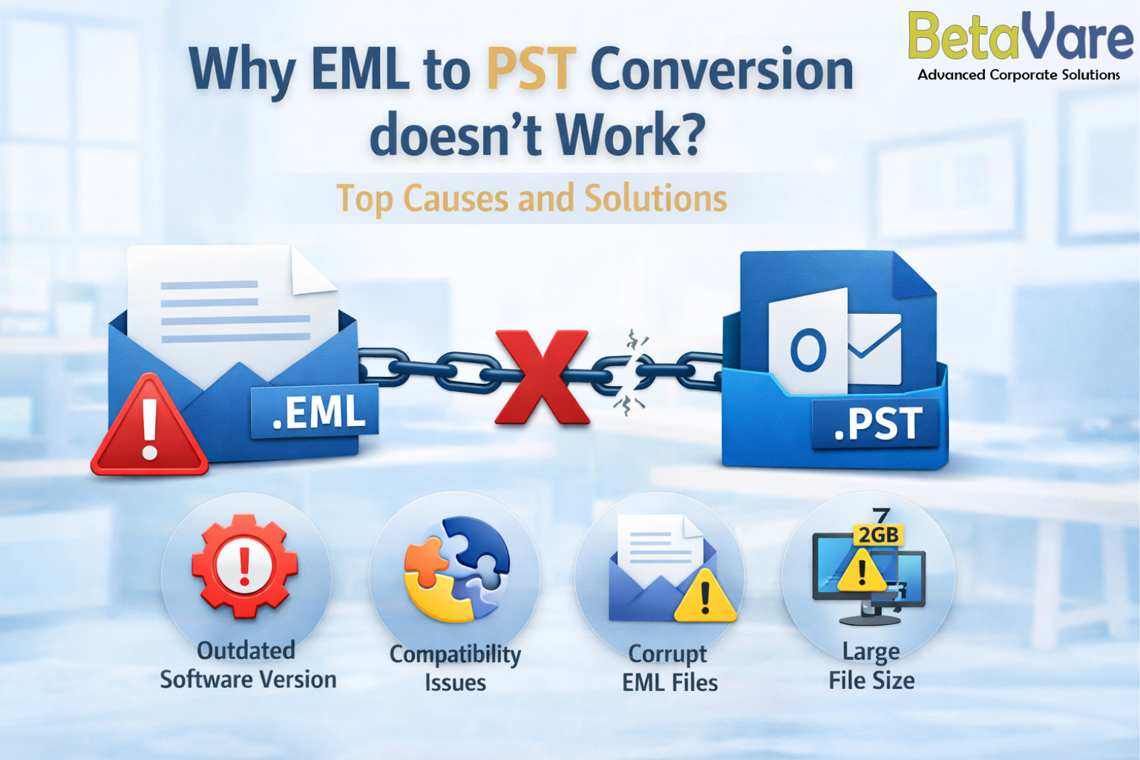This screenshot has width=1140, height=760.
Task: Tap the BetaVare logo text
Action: tap(1021, 36)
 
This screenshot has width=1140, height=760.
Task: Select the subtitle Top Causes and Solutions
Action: tap(532, 198)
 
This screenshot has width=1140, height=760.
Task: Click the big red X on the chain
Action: tap(542, 377)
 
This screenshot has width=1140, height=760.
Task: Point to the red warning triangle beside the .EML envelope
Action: tap(149, 426)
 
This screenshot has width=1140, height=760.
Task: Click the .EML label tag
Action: tap(315, 411)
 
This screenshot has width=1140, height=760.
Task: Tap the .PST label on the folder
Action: tap(875, 423)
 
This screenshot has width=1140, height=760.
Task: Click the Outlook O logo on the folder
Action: tap(808, 350)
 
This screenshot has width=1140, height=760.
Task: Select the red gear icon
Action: tap(245, 566)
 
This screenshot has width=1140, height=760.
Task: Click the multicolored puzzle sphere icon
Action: tap(456, 569)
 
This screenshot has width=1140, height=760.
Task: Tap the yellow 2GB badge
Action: tap(879, 535)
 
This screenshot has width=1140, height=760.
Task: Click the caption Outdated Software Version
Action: tap(248, 665)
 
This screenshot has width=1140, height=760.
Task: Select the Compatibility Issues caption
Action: tap(456, 668)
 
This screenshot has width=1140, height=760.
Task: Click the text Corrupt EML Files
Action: tap(669, 668)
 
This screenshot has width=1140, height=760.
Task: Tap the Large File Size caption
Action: tap(871, 666)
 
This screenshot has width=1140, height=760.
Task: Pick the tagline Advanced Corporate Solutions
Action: tap(1019, 75)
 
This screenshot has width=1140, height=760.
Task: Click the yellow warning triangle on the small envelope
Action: tap(705, 597)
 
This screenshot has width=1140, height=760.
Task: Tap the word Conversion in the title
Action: tap(721, 69)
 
